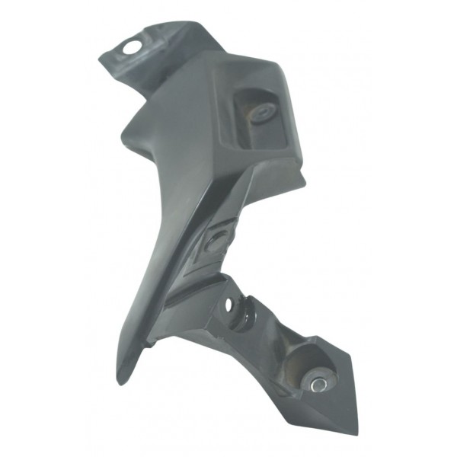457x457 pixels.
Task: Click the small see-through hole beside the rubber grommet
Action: tap(227, 304)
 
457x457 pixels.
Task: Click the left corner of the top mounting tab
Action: tap(102, 57)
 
